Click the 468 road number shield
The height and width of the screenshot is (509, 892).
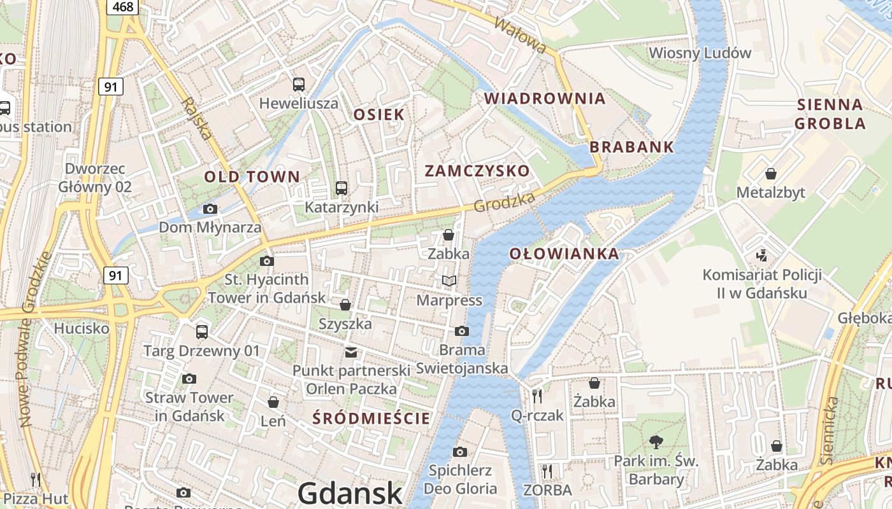coord(122,6)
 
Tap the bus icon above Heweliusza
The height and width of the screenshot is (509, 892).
coord(298,84)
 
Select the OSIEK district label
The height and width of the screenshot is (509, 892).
coord(378,115)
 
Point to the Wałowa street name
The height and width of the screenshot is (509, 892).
coord(521,35)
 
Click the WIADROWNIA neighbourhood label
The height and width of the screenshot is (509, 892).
coord(545,99)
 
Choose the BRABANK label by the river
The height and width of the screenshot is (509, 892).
coord(631,147)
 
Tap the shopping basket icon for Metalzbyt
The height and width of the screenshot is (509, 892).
coord(771,174)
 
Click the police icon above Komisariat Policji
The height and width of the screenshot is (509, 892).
coord(761,256)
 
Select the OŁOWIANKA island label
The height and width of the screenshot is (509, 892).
coord(564,254)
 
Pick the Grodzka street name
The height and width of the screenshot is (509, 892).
coord(504,202)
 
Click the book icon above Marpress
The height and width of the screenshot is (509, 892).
coord(449,281)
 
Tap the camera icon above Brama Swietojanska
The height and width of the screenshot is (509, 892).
coord(462,331)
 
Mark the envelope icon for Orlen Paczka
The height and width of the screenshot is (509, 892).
coord(350,352)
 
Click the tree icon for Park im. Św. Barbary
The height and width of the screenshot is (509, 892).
coord(656,442)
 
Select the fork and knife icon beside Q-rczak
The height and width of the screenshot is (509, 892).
coord(537,396)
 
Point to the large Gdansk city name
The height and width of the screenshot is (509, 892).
coord(350,493)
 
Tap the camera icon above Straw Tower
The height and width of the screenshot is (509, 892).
coord(189,379)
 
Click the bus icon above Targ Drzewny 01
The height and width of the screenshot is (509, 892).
coord(202,331)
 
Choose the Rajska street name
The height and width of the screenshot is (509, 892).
coord(196,118)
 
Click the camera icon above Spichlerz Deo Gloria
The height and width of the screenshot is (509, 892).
coord(459,452)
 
